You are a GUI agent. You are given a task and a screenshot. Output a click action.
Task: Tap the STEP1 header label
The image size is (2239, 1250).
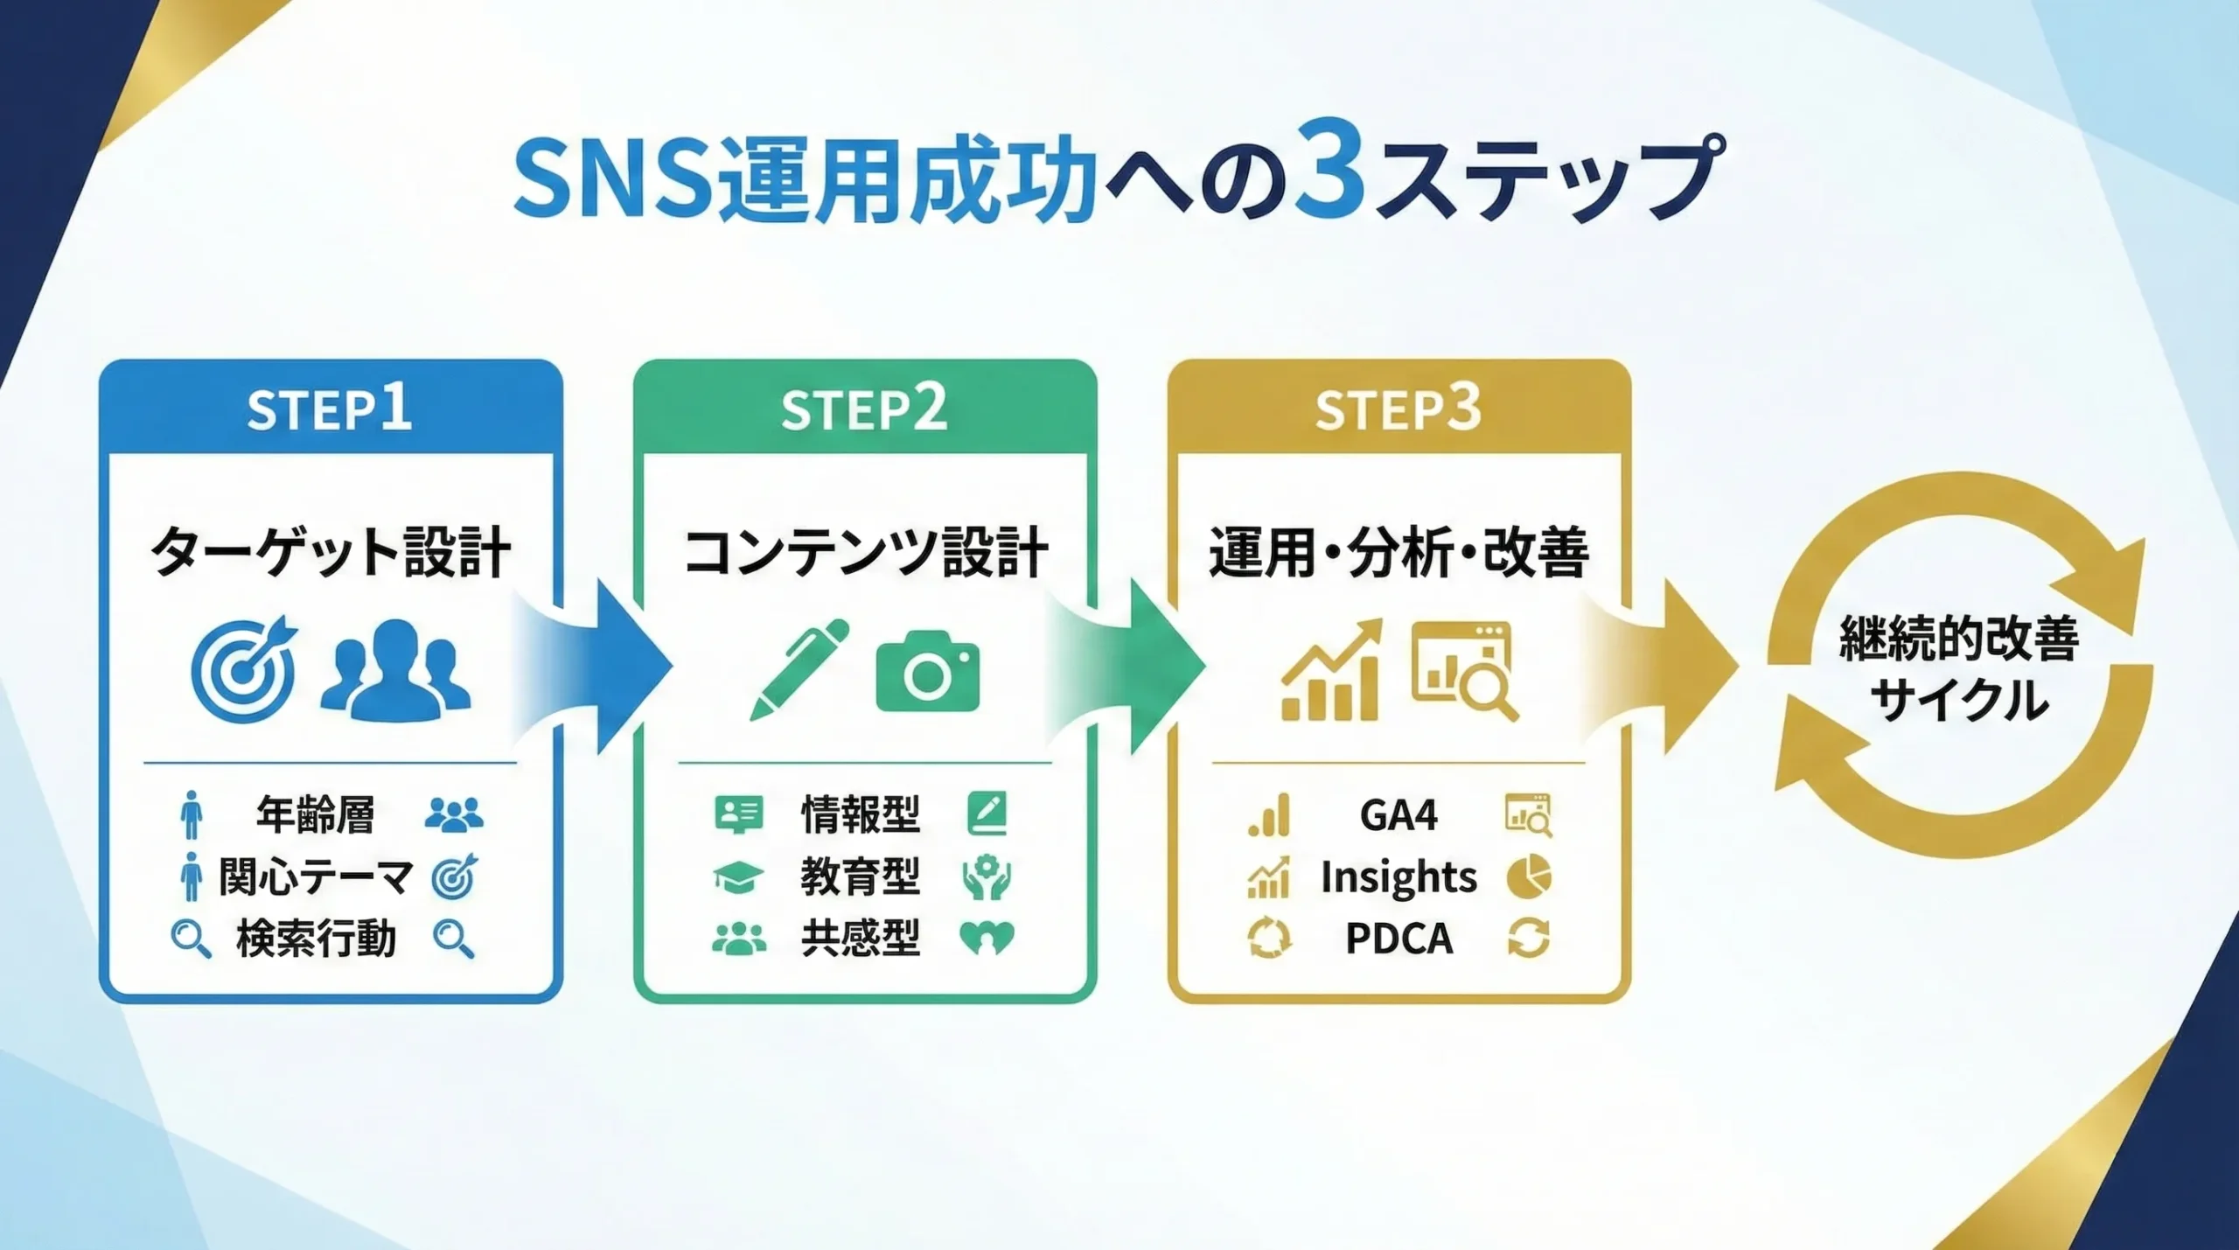[329, 409]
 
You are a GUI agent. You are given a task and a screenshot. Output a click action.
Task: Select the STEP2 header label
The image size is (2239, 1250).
[864, 409]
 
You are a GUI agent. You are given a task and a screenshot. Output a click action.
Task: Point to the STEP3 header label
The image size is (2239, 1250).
[1398, 409]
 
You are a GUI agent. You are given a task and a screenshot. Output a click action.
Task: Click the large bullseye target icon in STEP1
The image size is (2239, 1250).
[244, 670]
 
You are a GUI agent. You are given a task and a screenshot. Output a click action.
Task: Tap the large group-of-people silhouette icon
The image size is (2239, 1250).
[396, 670]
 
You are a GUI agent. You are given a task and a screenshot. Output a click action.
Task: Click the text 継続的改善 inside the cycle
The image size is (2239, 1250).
[1959, 639]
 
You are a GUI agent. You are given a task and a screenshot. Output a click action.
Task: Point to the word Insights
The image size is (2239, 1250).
[1398, 877]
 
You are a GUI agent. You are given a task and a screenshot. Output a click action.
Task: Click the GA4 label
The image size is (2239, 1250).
[1398, 815]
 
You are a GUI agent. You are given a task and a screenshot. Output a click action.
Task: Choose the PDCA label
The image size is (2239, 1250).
[1398, 939]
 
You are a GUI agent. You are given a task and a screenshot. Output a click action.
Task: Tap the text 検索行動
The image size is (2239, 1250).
[316, 939]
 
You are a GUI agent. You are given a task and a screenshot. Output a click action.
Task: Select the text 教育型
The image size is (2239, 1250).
[861, 877]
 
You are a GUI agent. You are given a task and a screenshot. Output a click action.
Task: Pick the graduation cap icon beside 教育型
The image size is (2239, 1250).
[738, 877]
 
